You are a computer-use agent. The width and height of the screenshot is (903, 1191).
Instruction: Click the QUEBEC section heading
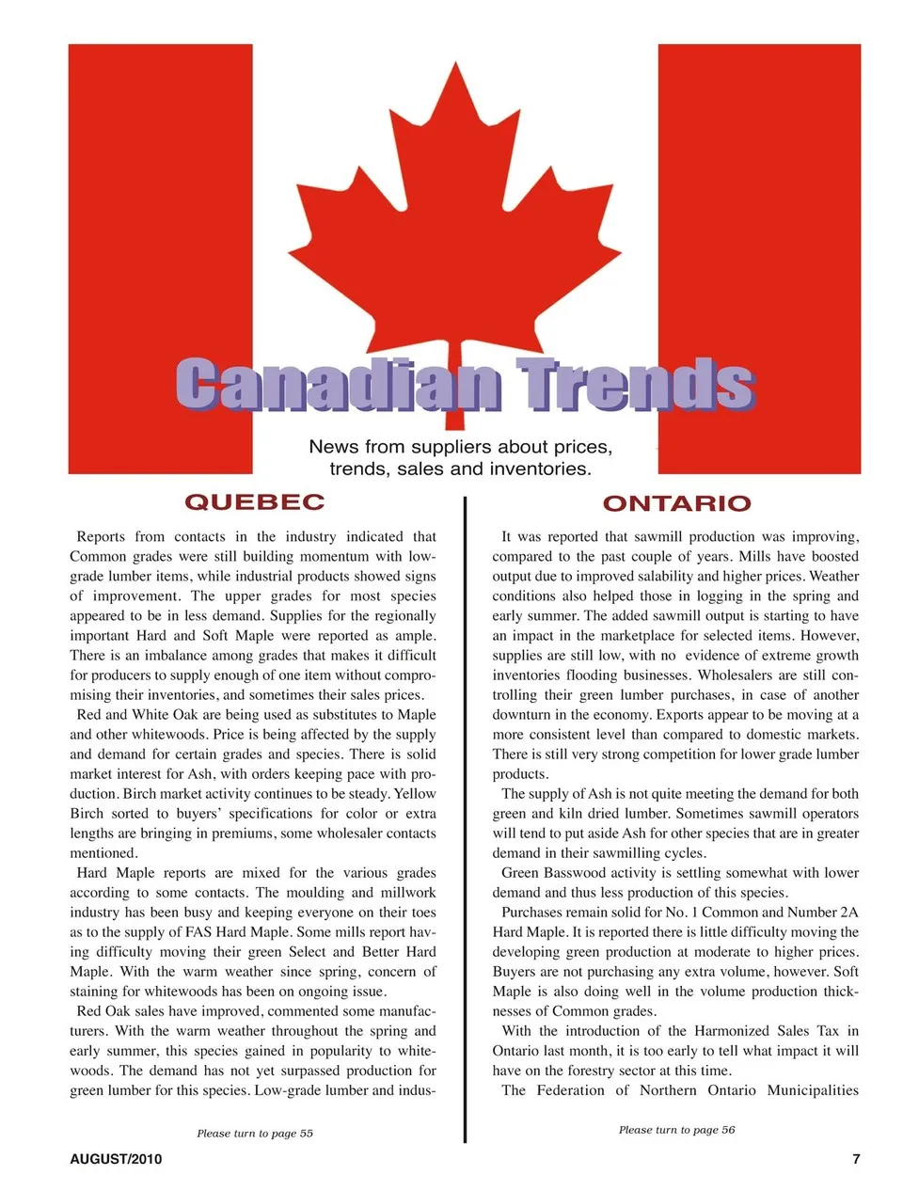click(254, 501)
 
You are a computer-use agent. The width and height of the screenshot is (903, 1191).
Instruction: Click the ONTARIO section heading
click(676, 503)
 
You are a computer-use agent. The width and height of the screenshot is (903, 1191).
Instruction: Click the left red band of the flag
click(160, 235)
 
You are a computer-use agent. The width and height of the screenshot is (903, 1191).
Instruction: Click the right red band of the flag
click(759, 235)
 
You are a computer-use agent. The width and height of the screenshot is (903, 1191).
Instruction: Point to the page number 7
click(855, 1159)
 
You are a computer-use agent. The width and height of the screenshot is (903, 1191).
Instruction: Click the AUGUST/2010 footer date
click(116, 1159)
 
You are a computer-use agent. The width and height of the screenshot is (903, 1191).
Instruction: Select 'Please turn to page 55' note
click(255, 1133)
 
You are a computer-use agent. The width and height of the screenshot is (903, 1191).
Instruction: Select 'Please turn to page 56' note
click(676, 1129)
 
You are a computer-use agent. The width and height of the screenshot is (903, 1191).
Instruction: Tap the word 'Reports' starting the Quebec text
click(101, 536)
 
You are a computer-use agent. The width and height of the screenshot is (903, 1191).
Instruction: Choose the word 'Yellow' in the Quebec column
click(415, 793)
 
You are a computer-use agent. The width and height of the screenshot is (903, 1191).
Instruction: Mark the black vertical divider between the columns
click(465, 818)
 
